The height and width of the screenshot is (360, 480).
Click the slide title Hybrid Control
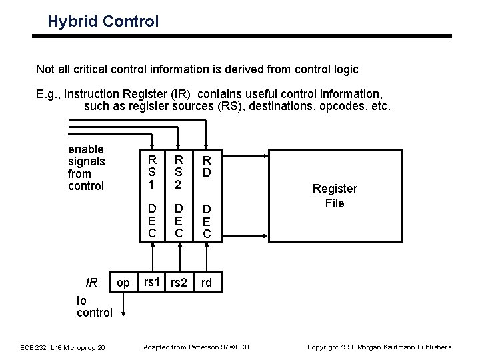(103, 21)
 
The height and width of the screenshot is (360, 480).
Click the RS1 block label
(153, 172)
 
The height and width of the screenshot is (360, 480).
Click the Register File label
(334, 196)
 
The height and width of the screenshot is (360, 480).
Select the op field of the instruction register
(123, 283)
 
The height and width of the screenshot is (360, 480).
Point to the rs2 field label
(179, 283)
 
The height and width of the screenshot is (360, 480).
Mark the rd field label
(207, 283)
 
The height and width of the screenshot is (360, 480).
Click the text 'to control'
(95, 307)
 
